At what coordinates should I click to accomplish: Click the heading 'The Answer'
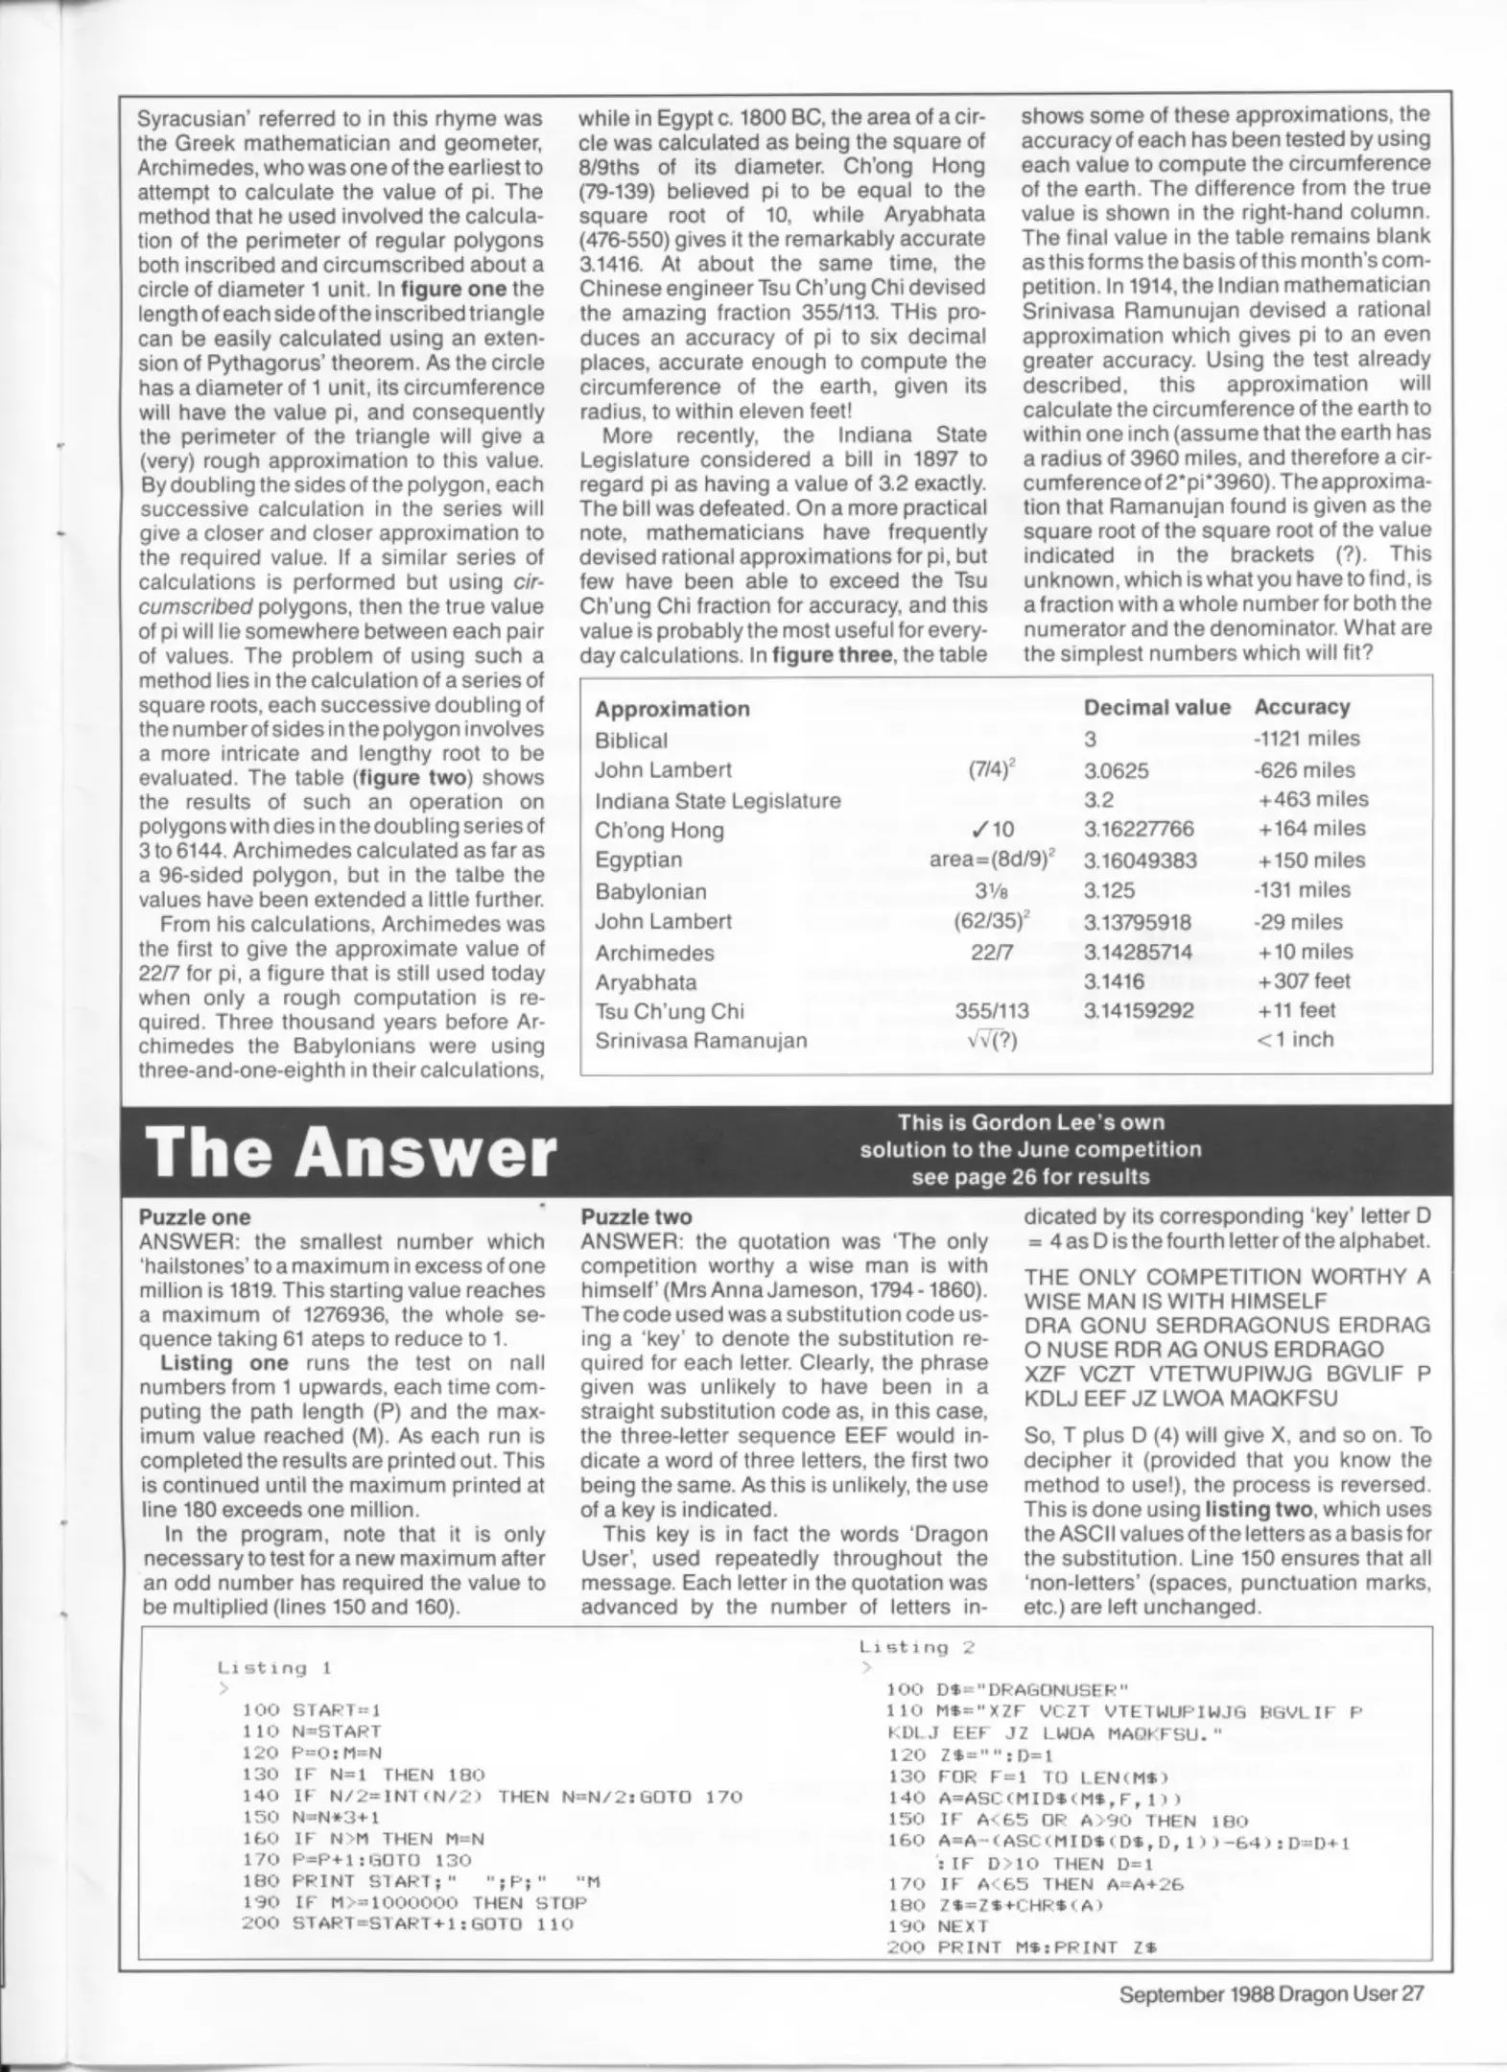pos(350,1151)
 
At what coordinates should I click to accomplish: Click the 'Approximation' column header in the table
pos(671,709)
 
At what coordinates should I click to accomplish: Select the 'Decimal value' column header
pos(1156,707)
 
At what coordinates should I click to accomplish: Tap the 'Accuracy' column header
pos(1301,707)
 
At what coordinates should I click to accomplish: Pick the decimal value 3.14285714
pos(1138,953)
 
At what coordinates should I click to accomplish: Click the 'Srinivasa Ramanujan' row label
pos(700,1040)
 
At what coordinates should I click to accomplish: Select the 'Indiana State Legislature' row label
pos(717,800)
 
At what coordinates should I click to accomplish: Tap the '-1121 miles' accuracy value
pos(1306,738)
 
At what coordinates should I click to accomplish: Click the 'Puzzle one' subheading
pos(194,1217)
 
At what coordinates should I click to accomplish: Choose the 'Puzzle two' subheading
pos(636,1217)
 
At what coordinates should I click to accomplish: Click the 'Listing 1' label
pos(273,1668)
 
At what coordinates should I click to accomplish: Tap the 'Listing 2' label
pos(916,1647)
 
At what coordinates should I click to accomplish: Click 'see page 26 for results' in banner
pos(1029,1176)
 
